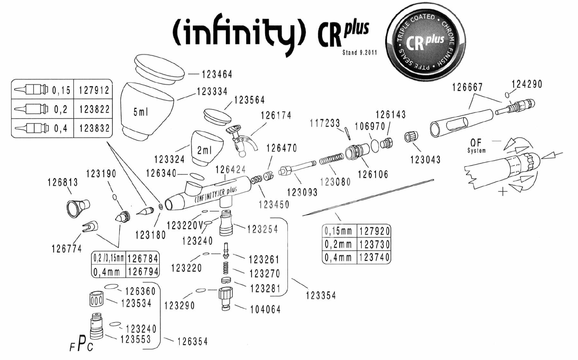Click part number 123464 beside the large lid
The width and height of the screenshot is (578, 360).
pos(217,74)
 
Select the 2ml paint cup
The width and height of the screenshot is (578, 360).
pos(207,148)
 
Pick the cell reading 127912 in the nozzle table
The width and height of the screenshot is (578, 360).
pos(94,90)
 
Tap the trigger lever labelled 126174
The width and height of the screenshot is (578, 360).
pos(241,141)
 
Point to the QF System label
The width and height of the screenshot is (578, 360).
pos(476,145)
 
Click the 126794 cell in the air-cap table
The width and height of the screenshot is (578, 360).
pos(143,272)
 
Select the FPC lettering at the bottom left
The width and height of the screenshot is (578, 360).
pos(81,344)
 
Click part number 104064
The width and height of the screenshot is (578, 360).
pos(266,309)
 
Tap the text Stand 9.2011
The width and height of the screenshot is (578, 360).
pos(359,52)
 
